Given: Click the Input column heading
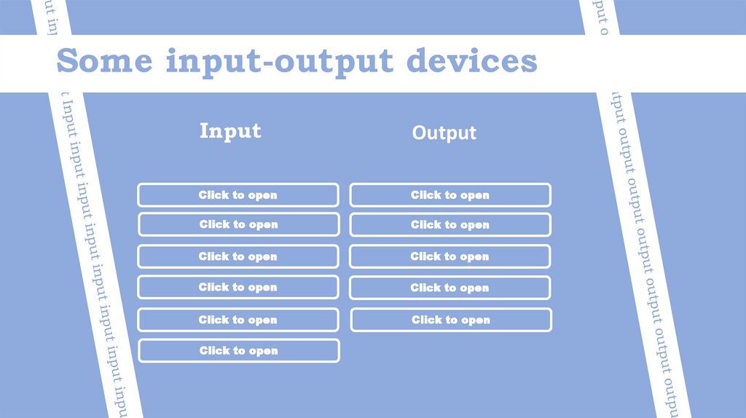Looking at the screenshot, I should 230,131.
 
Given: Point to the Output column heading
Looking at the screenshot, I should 444,133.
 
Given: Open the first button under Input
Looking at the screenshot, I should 238,195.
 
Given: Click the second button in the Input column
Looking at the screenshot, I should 238,224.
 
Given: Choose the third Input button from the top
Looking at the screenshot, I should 238,256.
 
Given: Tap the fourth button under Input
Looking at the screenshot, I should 238,287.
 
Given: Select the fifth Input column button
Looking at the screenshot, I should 238,320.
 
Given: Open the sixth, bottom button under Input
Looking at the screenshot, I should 238,350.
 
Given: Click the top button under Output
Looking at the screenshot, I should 450,195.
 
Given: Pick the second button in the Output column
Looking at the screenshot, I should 450,224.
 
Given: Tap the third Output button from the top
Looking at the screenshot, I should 450,256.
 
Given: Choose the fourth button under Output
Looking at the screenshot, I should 450,288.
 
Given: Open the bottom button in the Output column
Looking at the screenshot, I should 451,320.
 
